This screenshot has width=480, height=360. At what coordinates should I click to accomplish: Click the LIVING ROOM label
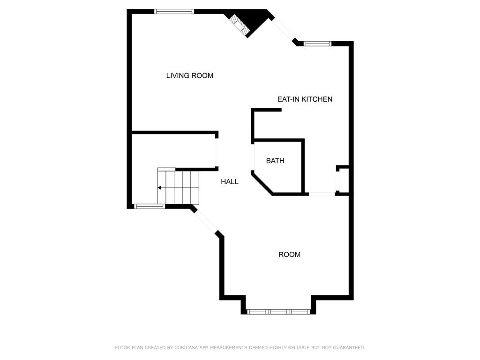pyautogui.click(x=190, y=75)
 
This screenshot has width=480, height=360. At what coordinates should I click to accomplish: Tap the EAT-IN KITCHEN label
pyautogui.click(x=305, y=99)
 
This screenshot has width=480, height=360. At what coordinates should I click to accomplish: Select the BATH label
pyautogui.click(x=275, y=161)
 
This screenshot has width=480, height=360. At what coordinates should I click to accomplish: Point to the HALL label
pyautogui.click(x=230, y=182)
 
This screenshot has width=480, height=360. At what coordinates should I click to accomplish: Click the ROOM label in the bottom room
pyautogui.click(x=289, y=255)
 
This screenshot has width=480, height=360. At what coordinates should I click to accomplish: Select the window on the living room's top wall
pyautogui.click(x=174, y=12)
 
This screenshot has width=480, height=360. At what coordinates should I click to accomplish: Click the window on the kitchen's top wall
pyautogui.click(x=317, y=44)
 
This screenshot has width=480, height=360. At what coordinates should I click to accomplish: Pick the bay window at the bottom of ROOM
pyautogui.click(x=278, y=311)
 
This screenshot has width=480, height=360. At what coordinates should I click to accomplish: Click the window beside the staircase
pyautogui.click(x=150, y=206)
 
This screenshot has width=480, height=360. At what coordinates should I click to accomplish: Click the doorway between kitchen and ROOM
pyautogui.click(x=321, y=194)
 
